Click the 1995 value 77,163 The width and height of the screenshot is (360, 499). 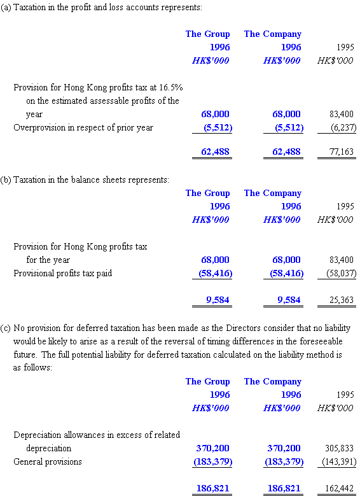341,151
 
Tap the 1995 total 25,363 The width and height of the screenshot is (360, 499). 341,300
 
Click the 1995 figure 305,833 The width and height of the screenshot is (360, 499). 339,448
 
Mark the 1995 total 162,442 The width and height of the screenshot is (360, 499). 339,488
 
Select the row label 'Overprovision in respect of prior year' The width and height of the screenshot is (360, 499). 83,127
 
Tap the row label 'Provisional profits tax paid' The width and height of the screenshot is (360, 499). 62,274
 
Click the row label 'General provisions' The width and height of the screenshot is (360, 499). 47,461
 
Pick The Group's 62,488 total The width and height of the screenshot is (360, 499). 215,151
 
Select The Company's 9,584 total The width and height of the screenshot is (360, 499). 289,300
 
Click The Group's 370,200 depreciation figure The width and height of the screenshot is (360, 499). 212,448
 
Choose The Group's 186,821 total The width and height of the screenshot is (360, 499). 212,488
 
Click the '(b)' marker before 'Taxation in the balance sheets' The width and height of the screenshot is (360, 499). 6,179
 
